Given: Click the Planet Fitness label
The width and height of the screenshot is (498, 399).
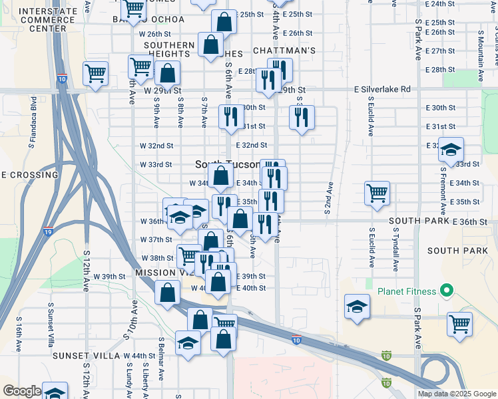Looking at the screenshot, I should pyautogui.click(x=407, y=291).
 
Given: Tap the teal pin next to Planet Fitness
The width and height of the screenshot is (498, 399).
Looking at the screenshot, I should pyautogui.click(x=447, y=291).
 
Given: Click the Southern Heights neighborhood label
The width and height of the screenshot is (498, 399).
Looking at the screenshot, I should pyautogui.click(x=169, y=50).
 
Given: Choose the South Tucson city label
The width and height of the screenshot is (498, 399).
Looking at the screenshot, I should pyautogui.click(x=227, y=164).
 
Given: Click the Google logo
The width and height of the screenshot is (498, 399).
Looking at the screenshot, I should pyautogui.click(x=22, y=391).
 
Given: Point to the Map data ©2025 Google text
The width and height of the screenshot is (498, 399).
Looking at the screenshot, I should pyautogui.click(x=456, y=394).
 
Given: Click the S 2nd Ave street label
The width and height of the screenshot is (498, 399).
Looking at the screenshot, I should pyautogui.click(x=328, y=198).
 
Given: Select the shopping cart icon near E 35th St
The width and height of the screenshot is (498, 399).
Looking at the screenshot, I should pyautogui.click(x=377, y=193).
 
